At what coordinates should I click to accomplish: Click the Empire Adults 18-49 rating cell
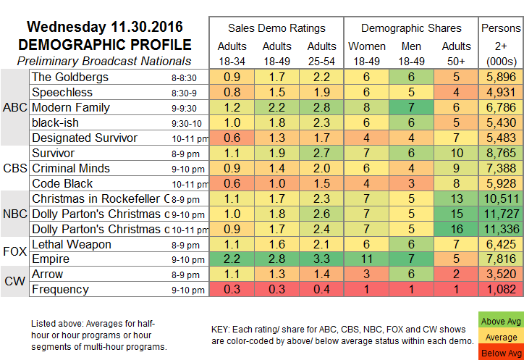(x=274, y=260)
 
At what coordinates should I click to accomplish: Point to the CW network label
(x=14, y=281)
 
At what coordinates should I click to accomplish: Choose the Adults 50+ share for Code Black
(x=455, y=182)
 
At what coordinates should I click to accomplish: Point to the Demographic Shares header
(x=410, y=28)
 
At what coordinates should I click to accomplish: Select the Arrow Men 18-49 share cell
(x=410, y=274)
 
